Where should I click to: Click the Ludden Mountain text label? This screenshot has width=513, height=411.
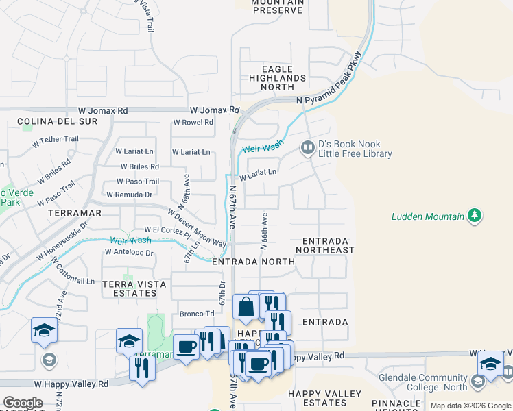point(427,216)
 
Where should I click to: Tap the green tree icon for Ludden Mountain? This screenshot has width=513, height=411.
point(474,216)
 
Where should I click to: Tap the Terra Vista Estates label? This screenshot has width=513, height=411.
point(129,288)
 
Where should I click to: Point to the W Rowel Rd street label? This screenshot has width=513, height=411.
point(193,123)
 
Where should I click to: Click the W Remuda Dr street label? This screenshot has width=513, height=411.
point(129,195)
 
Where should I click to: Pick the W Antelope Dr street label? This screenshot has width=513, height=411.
point(129,252)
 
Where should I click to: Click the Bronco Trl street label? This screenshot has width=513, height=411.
point(192,314)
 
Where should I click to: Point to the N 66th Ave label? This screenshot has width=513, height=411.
point(263,229)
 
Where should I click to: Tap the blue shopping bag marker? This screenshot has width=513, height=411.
point(245,307)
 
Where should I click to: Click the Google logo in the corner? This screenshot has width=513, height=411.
point(23,403)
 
